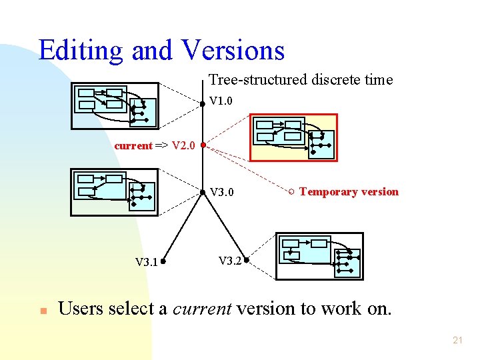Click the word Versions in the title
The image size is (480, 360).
click(233, 50)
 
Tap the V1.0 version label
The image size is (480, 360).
click(221, 102)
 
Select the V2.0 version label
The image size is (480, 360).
click(183, 145)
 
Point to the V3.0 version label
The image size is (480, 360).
click(222, 193)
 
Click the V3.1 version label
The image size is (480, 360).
click(147, 262)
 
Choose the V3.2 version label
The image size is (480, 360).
click(230, 260)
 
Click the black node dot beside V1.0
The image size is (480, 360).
click(203, 103)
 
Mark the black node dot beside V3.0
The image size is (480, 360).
click(203, 193)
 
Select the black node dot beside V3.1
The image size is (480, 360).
click(162, 261)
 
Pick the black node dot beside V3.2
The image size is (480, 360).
click(246, 260)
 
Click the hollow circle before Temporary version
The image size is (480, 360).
click(291, 193)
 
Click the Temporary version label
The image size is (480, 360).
click(349, 192)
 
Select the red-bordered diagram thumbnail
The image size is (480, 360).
click(294, 138)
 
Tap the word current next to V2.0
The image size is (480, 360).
click(133, 146)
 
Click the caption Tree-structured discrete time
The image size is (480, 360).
click(301, 80)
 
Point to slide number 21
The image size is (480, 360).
click(457, 340)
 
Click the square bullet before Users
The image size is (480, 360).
click(42, 311)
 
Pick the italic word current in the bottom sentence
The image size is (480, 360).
click(201, 309)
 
